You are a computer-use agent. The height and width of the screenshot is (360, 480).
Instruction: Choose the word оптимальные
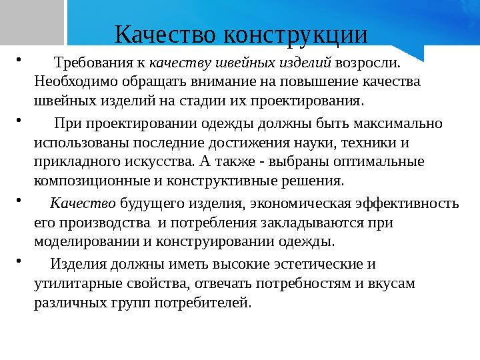pyautogui.click(x=383, y=161)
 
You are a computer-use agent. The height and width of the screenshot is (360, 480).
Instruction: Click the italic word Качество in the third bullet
pyautogui.click(x=83, y=204)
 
